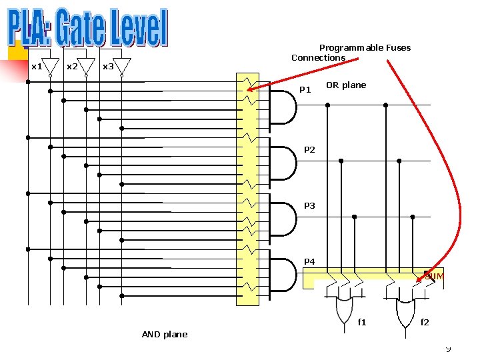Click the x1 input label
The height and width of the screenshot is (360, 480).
tap(37, 67)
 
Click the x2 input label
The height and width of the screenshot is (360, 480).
tap(72, 67)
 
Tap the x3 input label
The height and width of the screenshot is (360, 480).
tap(108, 67)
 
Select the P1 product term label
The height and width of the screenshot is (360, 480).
tap(305, 89)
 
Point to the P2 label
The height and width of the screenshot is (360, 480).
tap(309, 150)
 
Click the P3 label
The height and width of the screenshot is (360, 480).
tap(309, 206)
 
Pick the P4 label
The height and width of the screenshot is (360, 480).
tap(309, 261)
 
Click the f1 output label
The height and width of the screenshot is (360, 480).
tap(362, 323)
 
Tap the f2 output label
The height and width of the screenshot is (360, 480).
tap(425, 323)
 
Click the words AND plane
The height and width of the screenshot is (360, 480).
tap(165, 334)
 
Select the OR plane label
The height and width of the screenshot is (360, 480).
tap(346, 85)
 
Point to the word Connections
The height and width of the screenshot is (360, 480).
tap(318, 58)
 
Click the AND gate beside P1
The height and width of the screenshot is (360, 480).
tap(284, 107)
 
